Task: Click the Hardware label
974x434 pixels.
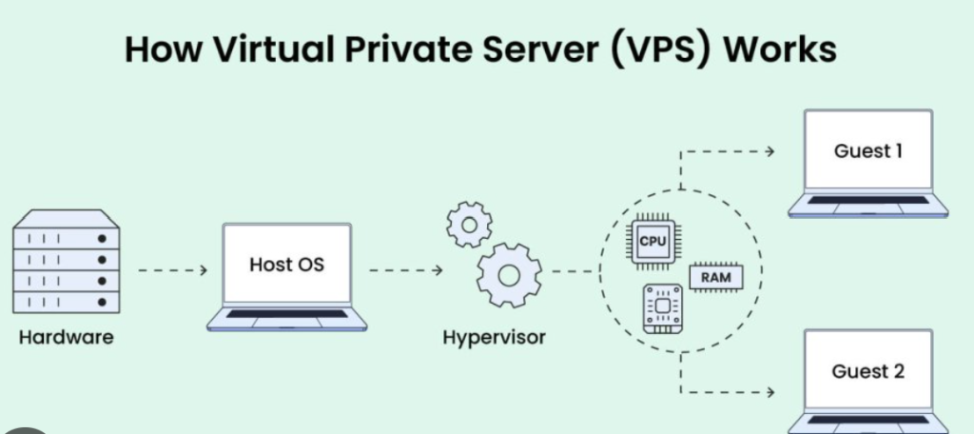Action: click(x=66, y=337)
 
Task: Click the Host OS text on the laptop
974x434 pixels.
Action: click(x=286, y=264)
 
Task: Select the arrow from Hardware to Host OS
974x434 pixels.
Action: click(x=172, y=270)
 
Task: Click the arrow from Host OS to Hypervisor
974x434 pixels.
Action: click(x=405, y=270)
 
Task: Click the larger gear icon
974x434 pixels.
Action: click(x=508, y=275)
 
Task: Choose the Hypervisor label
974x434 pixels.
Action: click(x=494, y=338)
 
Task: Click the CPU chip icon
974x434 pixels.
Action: click(x=652, y=241)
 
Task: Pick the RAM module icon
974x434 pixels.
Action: click(x=714, y=277)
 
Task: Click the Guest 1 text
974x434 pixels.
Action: click(x=867, y=151)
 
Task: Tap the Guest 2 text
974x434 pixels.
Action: click(x=867, y=370)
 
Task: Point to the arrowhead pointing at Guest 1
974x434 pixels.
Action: click(x=769, y=150)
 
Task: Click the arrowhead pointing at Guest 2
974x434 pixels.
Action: click(x=769, y=391)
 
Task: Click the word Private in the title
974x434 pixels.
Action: click(x=405, y=49)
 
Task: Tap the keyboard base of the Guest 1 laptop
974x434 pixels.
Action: click(x=867, y=204)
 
